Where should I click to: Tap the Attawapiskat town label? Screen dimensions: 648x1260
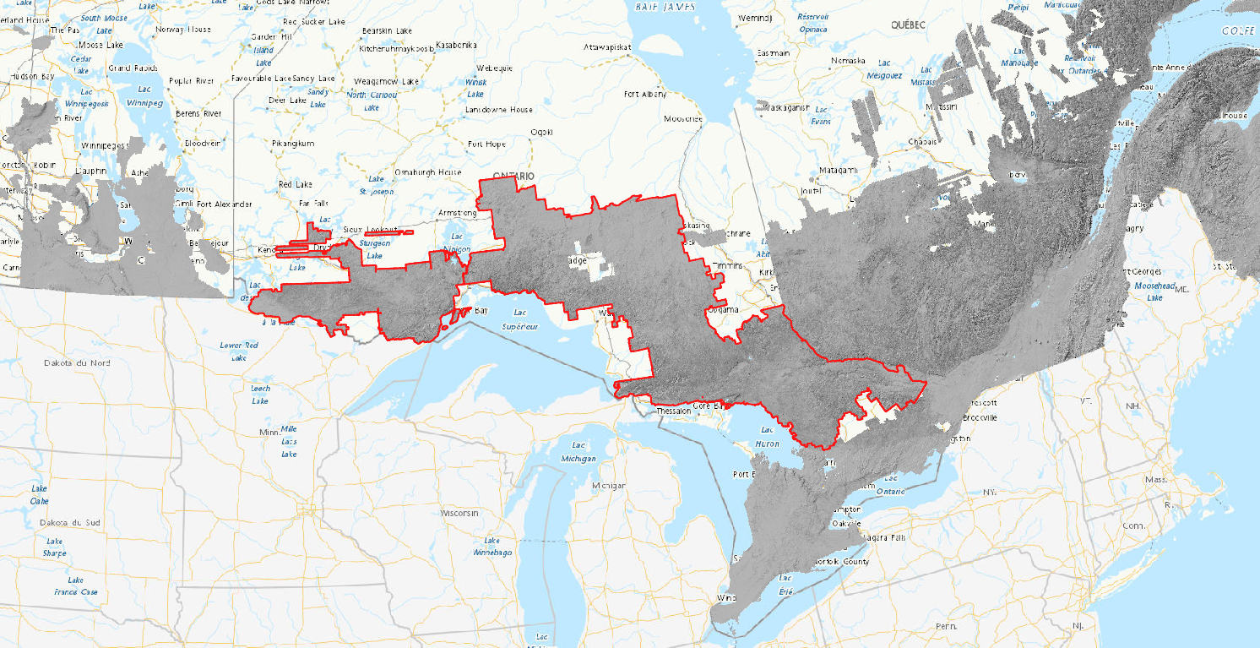click(607, 47)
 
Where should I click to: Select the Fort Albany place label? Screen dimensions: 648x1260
click(644, 95)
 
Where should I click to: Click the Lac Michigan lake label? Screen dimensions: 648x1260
click(578, 452)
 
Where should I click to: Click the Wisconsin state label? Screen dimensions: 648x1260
click(459, 513)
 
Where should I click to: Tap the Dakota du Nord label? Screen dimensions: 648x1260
click(77, 362)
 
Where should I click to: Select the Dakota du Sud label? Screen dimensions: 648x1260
click(70, 523)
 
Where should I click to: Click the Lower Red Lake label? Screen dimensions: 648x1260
click(238, 351)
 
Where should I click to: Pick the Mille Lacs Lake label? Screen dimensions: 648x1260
click(289, 441)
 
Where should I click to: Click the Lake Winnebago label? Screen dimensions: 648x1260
click(492, 546)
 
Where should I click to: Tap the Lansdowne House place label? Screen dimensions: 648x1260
click(499, 110)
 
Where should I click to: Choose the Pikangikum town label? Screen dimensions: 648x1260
click(293, 144)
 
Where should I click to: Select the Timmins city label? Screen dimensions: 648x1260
click(728, 265)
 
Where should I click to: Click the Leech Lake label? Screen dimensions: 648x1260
click(260, 393)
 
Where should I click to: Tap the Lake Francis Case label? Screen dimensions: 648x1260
click(76, 585)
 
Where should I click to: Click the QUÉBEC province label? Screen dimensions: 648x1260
click(908, 25)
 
